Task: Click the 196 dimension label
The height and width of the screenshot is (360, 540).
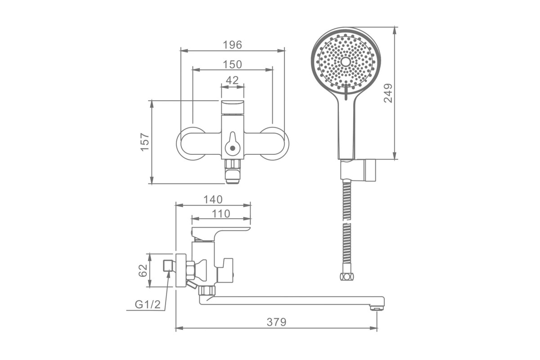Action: click(x=232, y=45)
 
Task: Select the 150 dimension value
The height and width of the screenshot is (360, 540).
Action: click(x=232, y=65)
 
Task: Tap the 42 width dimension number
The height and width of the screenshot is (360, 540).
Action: click(x=232, y=80)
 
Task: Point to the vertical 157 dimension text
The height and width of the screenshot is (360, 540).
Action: click(x=145, y=142)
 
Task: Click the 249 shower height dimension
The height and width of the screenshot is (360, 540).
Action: click(x=388, y=93)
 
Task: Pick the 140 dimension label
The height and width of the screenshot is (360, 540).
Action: click(x=213, y=200)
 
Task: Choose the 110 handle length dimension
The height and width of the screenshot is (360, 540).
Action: click(x=221, y=214)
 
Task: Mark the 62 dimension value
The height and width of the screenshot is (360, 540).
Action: click(x=143, y=270)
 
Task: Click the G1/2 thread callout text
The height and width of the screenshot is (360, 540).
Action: click(x=148, y=305)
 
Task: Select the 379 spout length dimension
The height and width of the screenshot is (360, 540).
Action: click(x=276, y=322)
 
